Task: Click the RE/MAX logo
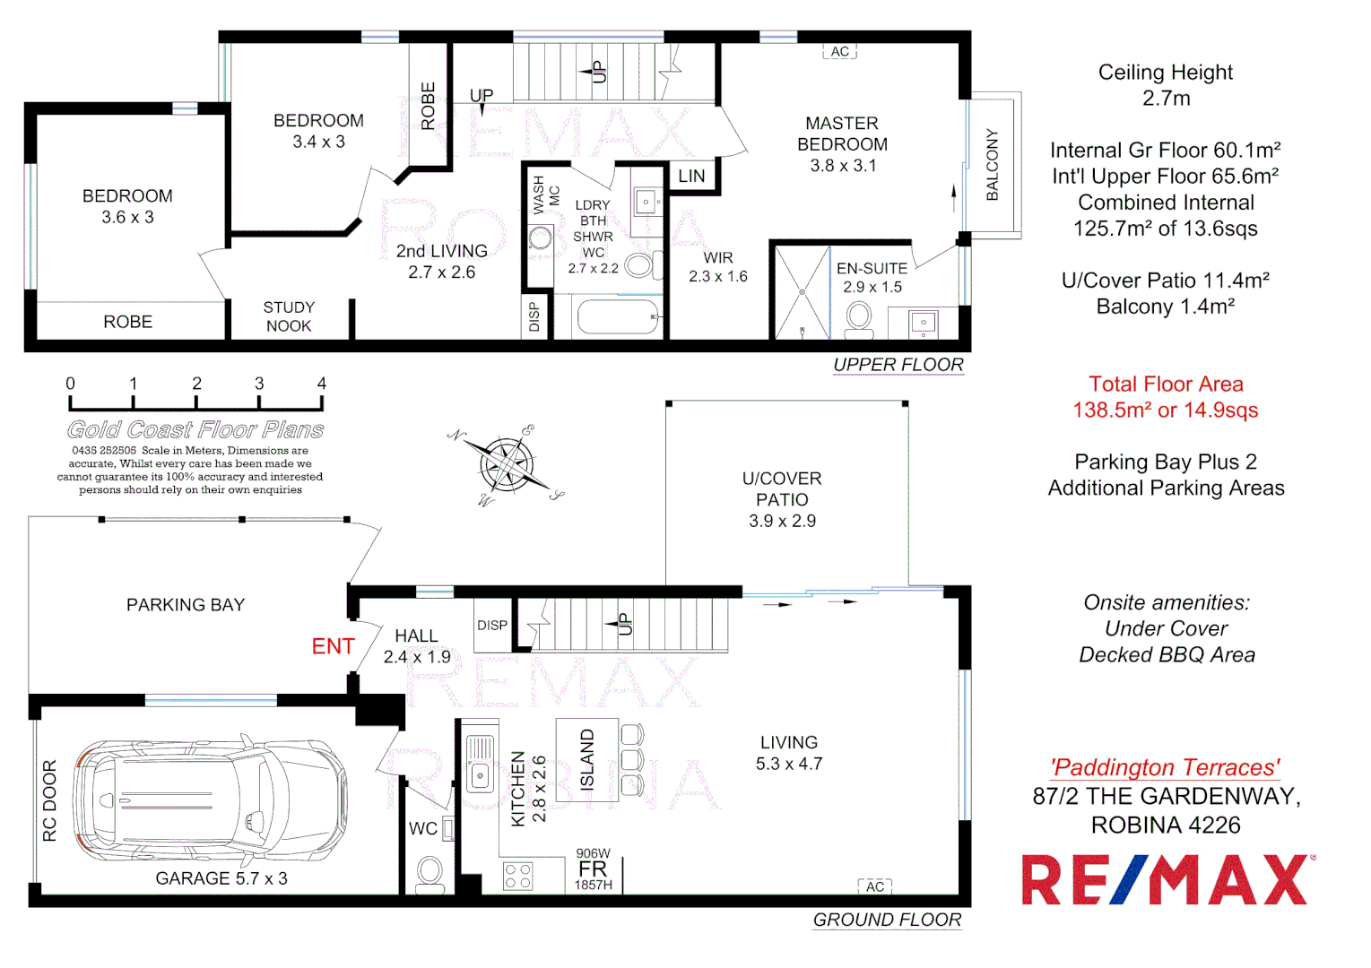point(1167,879)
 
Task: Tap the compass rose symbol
point(507,464)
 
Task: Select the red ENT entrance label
point(333,646)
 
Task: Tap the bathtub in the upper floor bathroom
point(619,316)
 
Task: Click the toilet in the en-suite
point(859,318)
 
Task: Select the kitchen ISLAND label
point(587,759)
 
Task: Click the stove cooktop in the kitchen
point(517,876)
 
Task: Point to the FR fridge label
point(593,869)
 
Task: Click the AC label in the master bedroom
point(839,52)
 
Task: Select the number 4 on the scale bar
point(322,384)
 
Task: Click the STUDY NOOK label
point(289,316)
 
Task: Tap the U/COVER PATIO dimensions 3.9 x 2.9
point(782,521)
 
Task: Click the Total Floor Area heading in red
point(1166,384)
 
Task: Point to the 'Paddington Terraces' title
point(1166,767)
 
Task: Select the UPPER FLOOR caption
point(898,365)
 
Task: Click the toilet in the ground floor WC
point(430,872)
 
